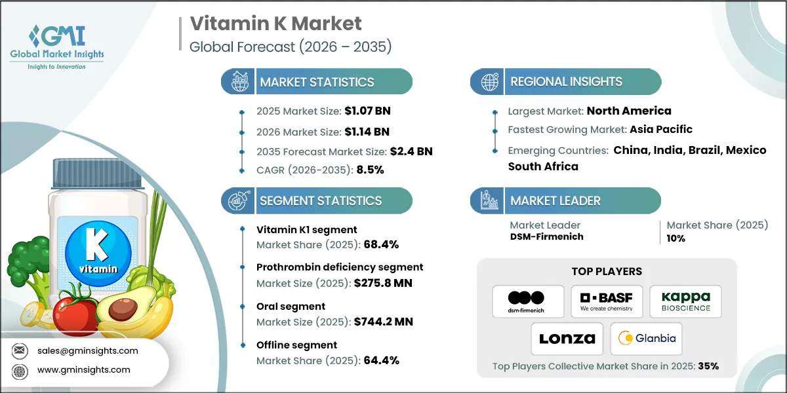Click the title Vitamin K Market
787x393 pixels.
click(275, 24)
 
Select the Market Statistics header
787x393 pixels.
click(317, 82)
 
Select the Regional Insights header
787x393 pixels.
click(566, 82)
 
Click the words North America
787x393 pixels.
click(629, 111)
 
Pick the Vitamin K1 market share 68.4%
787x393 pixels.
click(378, 244)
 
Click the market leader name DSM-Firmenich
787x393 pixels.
click(546, 236)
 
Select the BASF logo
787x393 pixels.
click(607, 301)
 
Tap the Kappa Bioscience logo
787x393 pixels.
click(685, 301)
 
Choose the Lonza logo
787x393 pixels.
click(567, 339)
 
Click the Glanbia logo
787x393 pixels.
click(646, 339)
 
